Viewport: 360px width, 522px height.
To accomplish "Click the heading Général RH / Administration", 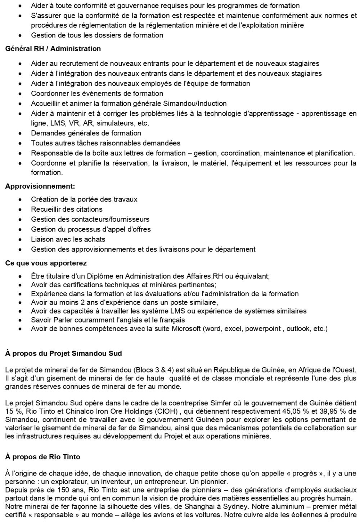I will pos(53,49).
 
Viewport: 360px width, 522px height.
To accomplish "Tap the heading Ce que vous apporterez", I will pos(46,263).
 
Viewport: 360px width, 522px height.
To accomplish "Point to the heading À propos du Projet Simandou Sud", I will pos(63,354).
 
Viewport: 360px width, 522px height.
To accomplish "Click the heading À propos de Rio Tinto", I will pos(42,457).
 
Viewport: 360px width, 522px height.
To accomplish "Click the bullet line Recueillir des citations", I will pos(67,209).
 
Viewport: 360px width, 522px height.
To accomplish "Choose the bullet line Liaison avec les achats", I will pos(68,239).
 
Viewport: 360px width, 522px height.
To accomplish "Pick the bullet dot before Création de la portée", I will pos(23,199).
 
